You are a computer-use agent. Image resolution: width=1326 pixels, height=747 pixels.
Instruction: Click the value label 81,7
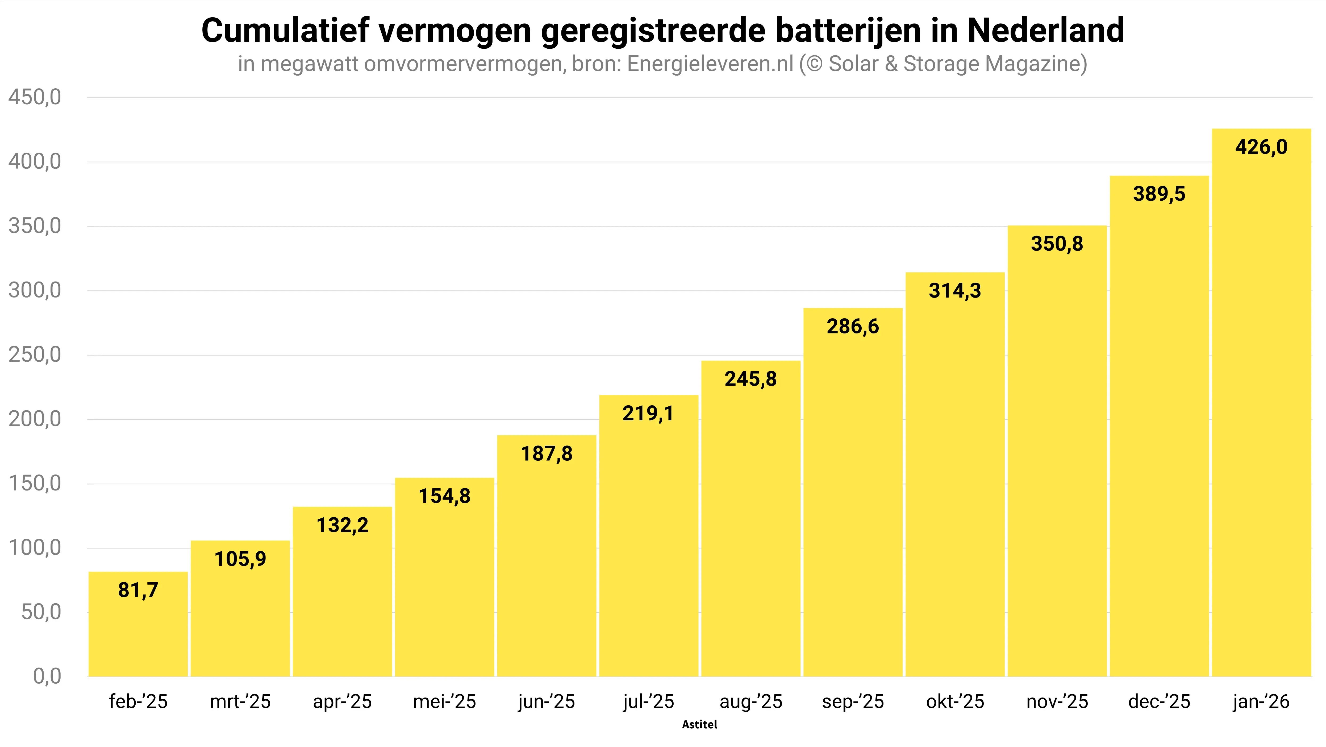pyautogui.click(x=138, y=590)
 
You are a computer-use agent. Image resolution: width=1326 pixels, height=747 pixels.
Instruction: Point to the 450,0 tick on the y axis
pyautogui.click(x=35, y=97)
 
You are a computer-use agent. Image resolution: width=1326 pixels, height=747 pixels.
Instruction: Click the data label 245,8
pyautogui.click(x=750, y=379)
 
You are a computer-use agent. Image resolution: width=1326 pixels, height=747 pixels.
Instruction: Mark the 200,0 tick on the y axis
pyautogui.click(x=35, y=419)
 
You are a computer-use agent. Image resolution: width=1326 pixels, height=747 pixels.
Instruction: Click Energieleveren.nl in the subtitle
pyautogui.click(x=710, y=64)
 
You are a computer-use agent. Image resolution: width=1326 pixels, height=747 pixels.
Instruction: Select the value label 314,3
pyautogui.click(x=955, y=291)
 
